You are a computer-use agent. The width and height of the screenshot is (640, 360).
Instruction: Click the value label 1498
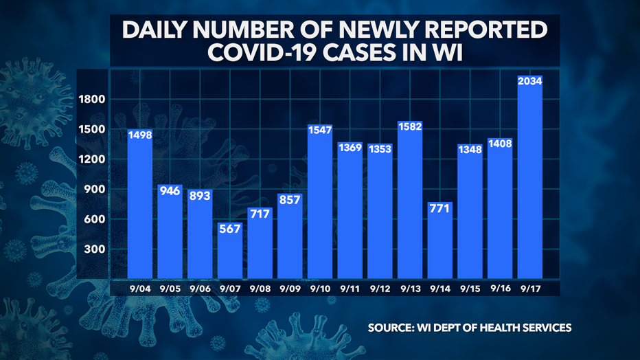point(139,135)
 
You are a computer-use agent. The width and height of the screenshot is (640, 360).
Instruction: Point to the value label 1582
point(409,127)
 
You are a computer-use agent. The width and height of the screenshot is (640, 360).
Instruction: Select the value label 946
point(170,190)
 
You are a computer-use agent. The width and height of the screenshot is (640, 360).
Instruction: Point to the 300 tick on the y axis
point(95,249)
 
